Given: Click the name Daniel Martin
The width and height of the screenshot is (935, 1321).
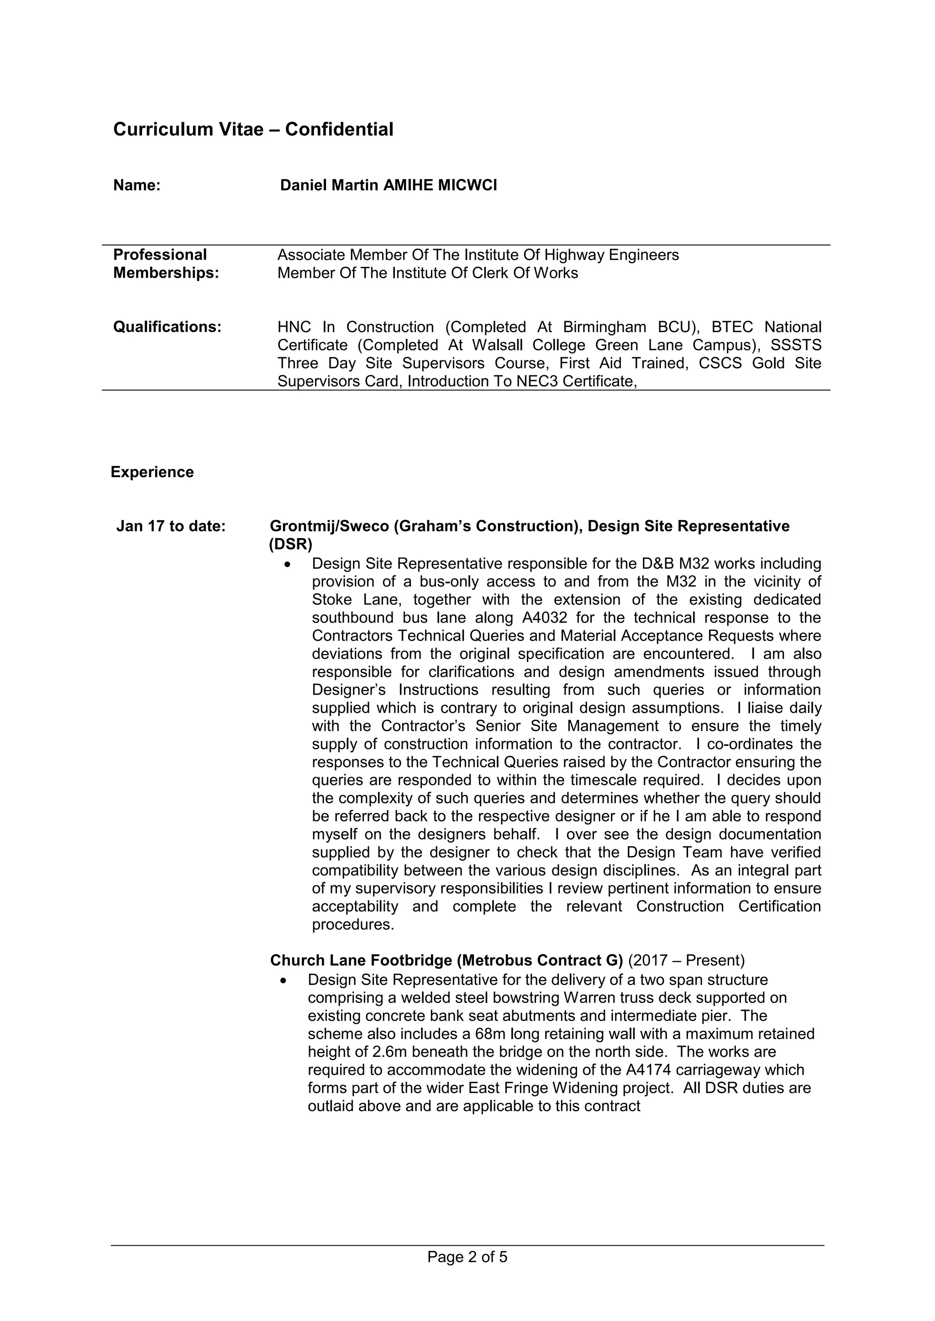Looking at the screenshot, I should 329,185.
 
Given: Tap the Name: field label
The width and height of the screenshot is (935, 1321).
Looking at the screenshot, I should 137,185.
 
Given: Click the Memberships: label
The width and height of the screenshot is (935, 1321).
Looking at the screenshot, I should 166,273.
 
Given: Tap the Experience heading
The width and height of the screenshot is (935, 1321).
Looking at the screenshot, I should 152,473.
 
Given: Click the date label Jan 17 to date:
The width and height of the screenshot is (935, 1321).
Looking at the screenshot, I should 171,526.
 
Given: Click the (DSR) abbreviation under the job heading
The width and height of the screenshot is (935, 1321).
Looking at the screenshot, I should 291,544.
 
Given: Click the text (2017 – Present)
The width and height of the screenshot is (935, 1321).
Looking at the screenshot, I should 686,960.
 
